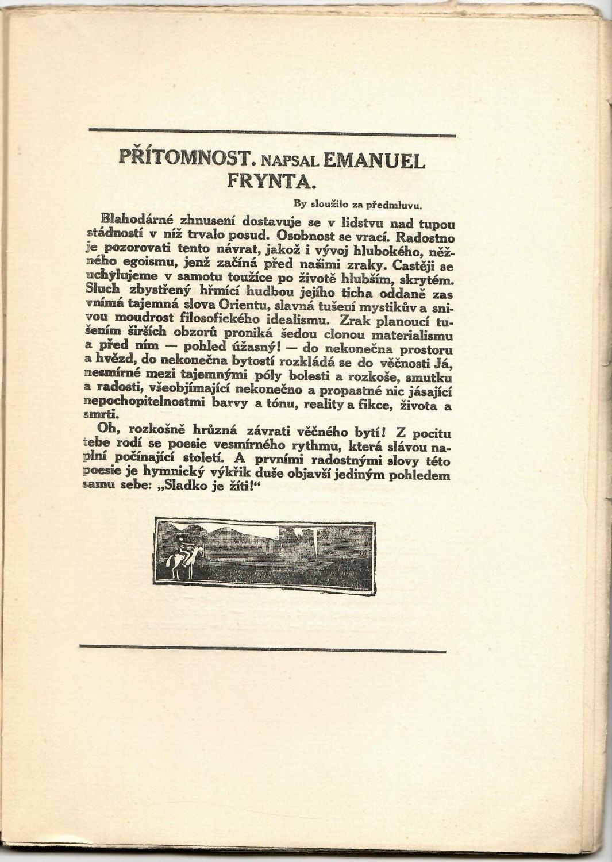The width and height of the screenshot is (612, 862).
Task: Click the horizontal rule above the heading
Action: point(272,136)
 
